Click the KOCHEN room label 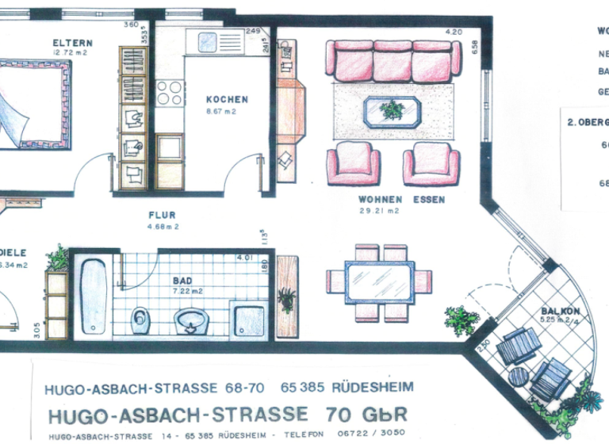227,100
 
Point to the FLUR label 162,215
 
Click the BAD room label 182,281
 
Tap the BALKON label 557,311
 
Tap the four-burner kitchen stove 170,94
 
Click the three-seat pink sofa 394,59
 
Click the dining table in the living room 379,280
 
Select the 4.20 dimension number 454,32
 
